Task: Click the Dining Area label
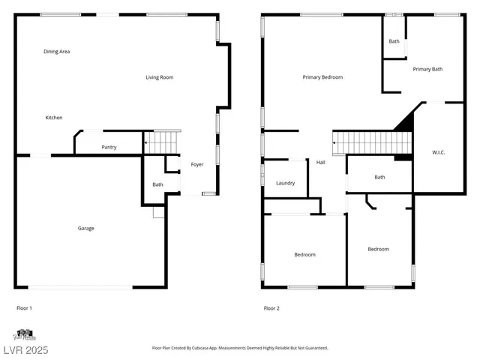pos(57,51)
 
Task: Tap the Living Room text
pos(160,77)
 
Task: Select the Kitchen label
pos(54,118)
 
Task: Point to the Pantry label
pos(109,148)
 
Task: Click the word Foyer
pos(197,164)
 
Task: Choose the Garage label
pos(86,228)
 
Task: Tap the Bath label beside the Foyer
pos(157,184)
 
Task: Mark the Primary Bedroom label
pos(322,77)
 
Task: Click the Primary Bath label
pos(427,69)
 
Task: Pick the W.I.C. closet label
pos(439,153)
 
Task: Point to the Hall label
pos(320,162)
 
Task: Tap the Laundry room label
pos(285,183)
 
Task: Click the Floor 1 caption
pos(25,308)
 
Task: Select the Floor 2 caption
pos(271,308)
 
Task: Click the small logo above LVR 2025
pos(24,334)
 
